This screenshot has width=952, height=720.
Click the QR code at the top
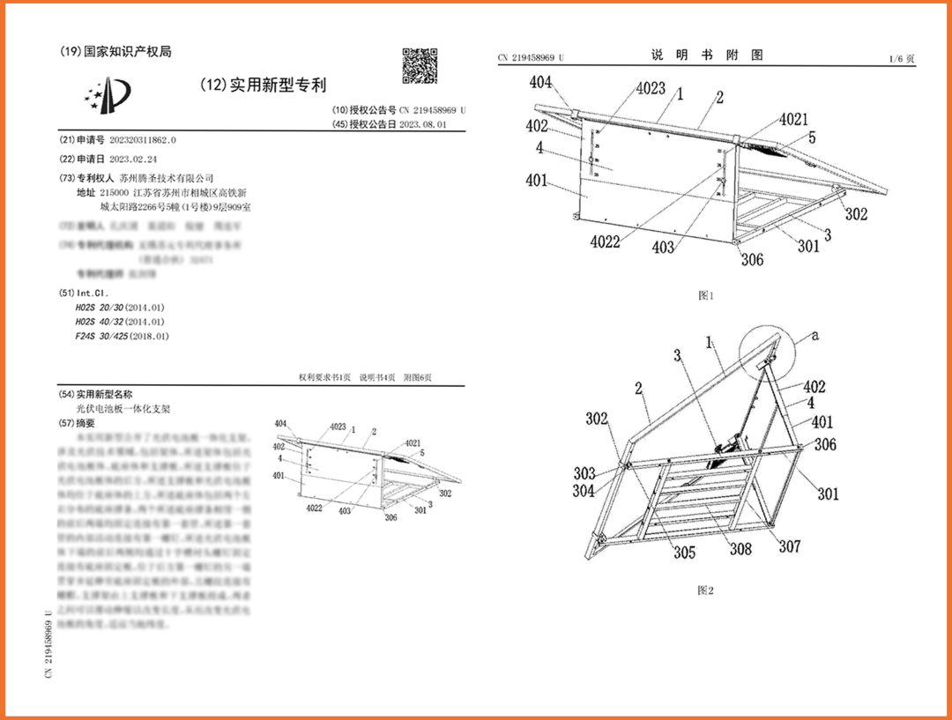click(x=420, y=66)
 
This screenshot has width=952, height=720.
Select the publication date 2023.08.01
click(x=423, y=125)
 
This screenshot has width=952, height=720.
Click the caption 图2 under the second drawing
click(x=705, y=590)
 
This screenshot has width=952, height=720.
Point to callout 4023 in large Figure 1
click(x=651, y=89)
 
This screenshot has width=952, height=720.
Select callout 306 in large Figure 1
click(x=751, y=260)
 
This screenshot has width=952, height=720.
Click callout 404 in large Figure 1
click(x=540, y=83)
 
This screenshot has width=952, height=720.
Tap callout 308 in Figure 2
click(x=740, y=548)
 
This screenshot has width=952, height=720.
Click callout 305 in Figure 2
click(x=684, y=552)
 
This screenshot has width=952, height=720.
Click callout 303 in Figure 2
click(x=583, y=473)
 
